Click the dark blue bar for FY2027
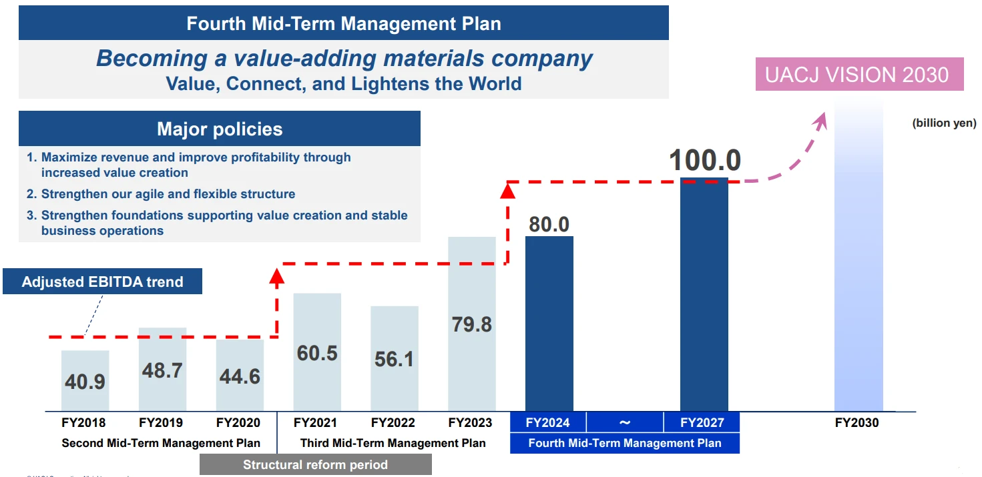(704, 294)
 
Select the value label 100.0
(705, 161)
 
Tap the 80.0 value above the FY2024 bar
(549, 224)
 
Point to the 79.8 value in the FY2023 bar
(472, 324)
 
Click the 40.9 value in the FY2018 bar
(85, 382)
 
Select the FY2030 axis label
(856, 423)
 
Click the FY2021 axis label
(315, 423)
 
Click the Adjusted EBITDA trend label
(102, 282)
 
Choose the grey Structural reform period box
(315, 465)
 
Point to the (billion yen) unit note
(944, 123)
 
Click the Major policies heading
(220, 129)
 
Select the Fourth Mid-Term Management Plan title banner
(343, 24)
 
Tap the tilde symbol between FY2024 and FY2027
(625, 422)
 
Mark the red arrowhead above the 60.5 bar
(276, 275)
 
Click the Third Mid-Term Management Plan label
(393, 443)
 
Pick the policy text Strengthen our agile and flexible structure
(168, 194)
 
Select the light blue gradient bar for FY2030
(858, 267)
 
